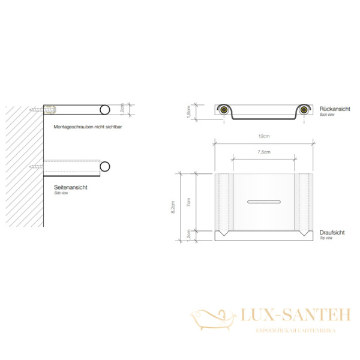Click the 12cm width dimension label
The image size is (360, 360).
264,137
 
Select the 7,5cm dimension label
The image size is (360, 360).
264,152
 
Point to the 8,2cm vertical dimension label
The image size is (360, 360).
173,207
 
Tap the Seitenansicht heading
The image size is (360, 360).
71,188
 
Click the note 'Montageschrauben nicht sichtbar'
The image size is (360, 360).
87,127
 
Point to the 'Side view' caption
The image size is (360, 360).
62,194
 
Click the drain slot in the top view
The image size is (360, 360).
264,198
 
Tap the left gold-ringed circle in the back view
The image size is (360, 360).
223,110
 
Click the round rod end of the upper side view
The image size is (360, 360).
104,110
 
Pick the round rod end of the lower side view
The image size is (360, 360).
105,166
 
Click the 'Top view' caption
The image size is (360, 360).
325,238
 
